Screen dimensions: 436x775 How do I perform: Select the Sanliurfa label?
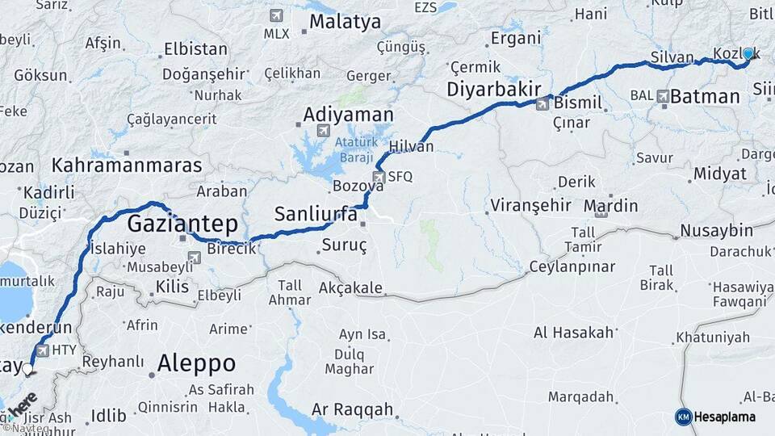coord(315,214)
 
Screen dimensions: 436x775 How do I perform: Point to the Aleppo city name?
coord(196,363)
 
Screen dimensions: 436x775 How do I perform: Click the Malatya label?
coord(345,22)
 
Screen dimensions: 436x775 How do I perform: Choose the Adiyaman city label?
coord(349,115)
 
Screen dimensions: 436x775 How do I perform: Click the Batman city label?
coord(705,97)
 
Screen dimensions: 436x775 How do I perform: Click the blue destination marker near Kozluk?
coord(748,54)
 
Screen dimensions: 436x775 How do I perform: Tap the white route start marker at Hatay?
coord(28,370)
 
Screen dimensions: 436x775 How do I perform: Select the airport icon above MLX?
coord(276,15)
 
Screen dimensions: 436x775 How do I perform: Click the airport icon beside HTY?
coord(41,350)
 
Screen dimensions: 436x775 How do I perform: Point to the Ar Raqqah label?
coord(352,409)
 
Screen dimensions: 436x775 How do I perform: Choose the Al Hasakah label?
coord(573,332)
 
